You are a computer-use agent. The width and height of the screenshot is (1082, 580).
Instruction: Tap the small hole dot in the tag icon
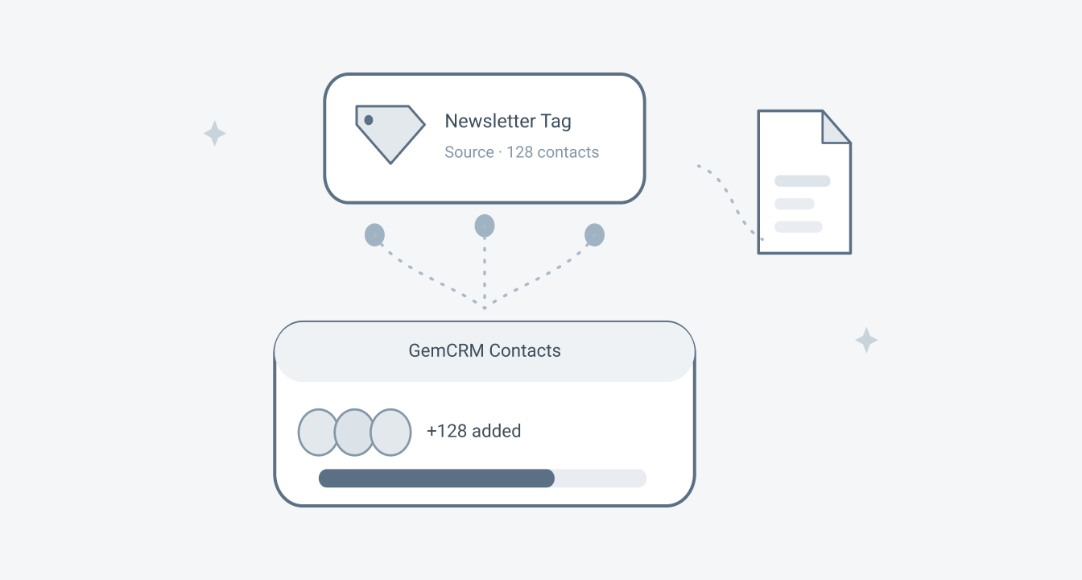coord(369,120)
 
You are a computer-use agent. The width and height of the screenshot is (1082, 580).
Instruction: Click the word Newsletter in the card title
coord(490,121)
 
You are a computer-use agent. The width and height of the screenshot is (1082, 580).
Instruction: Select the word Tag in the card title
coord(555,122)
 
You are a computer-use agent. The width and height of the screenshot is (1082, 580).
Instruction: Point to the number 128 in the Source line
coord(519,152)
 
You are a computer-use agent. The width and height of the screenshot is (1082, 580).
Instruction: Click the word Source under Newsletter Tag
coord(469,152)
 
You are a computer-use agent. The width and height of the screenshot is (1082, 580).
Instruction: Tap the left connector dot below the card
coord(374,235)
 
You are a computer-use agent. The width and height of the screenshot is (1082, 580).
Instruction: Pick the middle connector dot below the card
coord(485,226)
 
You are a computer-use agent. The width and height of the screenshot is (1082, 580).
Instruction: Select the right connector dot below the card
coord(594,235)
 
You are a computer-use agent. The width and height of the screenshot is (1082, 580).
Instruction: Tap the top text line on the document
coord(803,180)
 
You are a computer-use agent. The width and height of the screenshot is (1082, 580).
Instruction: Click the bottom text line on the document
coord(799,226)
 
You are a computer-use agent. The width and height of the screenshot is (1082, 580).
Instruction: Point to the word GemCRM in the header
coord(446,350)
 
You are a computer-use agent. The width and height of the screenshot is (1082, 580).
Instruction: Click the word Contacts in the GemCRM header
coord(525,350)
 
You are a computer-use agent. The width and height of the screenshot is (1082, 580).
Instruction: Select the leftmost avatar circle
coord(316,432)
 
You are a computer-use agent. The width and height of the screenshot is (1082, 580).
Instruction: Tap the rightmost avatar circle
coord(391,432)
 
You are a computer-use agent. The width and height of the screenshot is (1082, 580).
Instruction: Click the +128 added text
coord(474,431)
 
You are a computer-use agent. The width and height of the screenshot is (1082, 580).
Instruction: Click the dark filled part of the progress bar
coord(436,478)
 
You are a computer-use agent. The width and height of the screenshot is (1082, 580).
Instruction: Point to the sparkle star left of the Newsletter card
coord(215,133)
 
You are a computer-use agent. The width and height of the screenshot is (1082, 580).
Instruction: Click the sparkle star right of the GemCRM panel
coord(866,340)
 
